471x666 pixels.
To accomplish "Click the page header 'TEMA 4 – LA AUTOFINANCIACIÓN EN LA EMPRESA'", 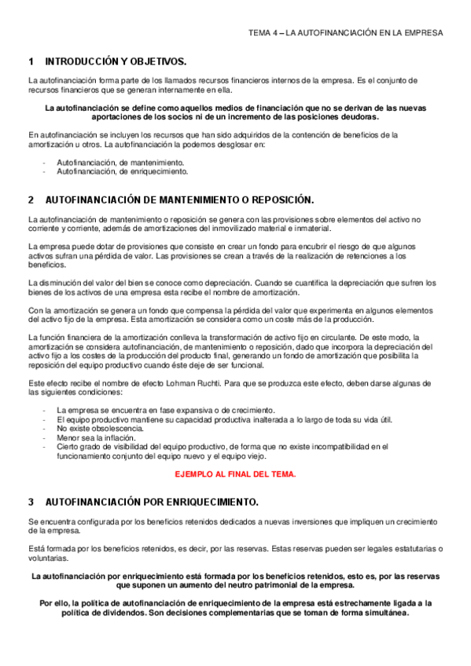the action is point(345,33).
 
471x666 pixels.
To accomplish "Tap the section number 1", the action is point(30,61).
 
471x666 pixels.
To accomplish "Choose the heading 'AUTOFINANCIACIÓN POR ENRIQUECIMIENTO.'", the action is point(153,501).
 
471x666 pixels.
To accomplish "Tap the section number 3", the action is point(30,501).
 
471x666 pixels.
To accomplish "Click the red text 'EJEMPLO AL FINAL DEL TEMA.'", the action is point(235,475).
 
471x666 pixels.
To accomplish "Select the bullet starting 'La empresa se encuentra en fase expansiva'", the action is point(166,411).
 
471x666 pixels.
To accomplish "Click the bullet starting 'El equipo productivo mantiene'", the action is point(224,419).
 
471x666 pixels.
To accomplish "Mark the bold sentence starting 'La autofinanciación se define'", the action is point(235,112).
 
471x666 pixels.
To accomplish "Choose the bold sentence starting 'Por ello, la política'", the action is point(235,608).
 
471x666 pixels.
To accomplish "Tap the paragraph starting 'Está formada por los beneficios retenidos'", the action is point(235,552).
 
